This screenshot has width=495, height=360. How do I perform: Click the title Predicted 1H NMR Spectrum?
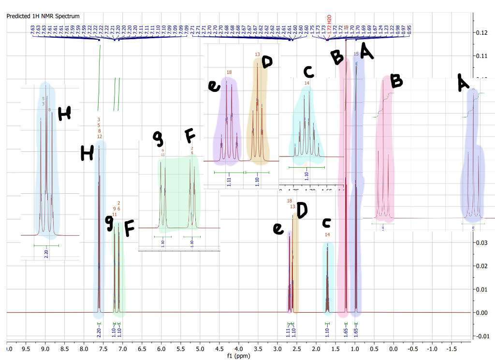(43, 16)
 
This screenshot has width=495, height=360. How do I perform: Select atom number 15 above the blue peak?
(356, 54)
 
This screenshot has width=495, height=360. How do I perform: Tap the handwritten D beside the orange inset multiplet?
(267, 62)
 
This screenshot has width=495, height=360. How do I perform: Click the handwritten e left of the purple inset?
(213, 86)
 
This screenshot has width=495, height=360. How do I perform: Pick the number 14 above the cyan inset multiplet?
(306, 83)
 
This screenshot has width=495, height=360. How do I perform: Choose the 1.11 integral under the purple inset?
(229, 181)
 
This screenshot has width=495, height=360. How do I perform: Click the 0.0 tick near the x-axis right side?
(393, 347)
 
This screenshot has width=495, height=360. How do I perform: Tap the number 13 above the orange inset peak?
(257, 54)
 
